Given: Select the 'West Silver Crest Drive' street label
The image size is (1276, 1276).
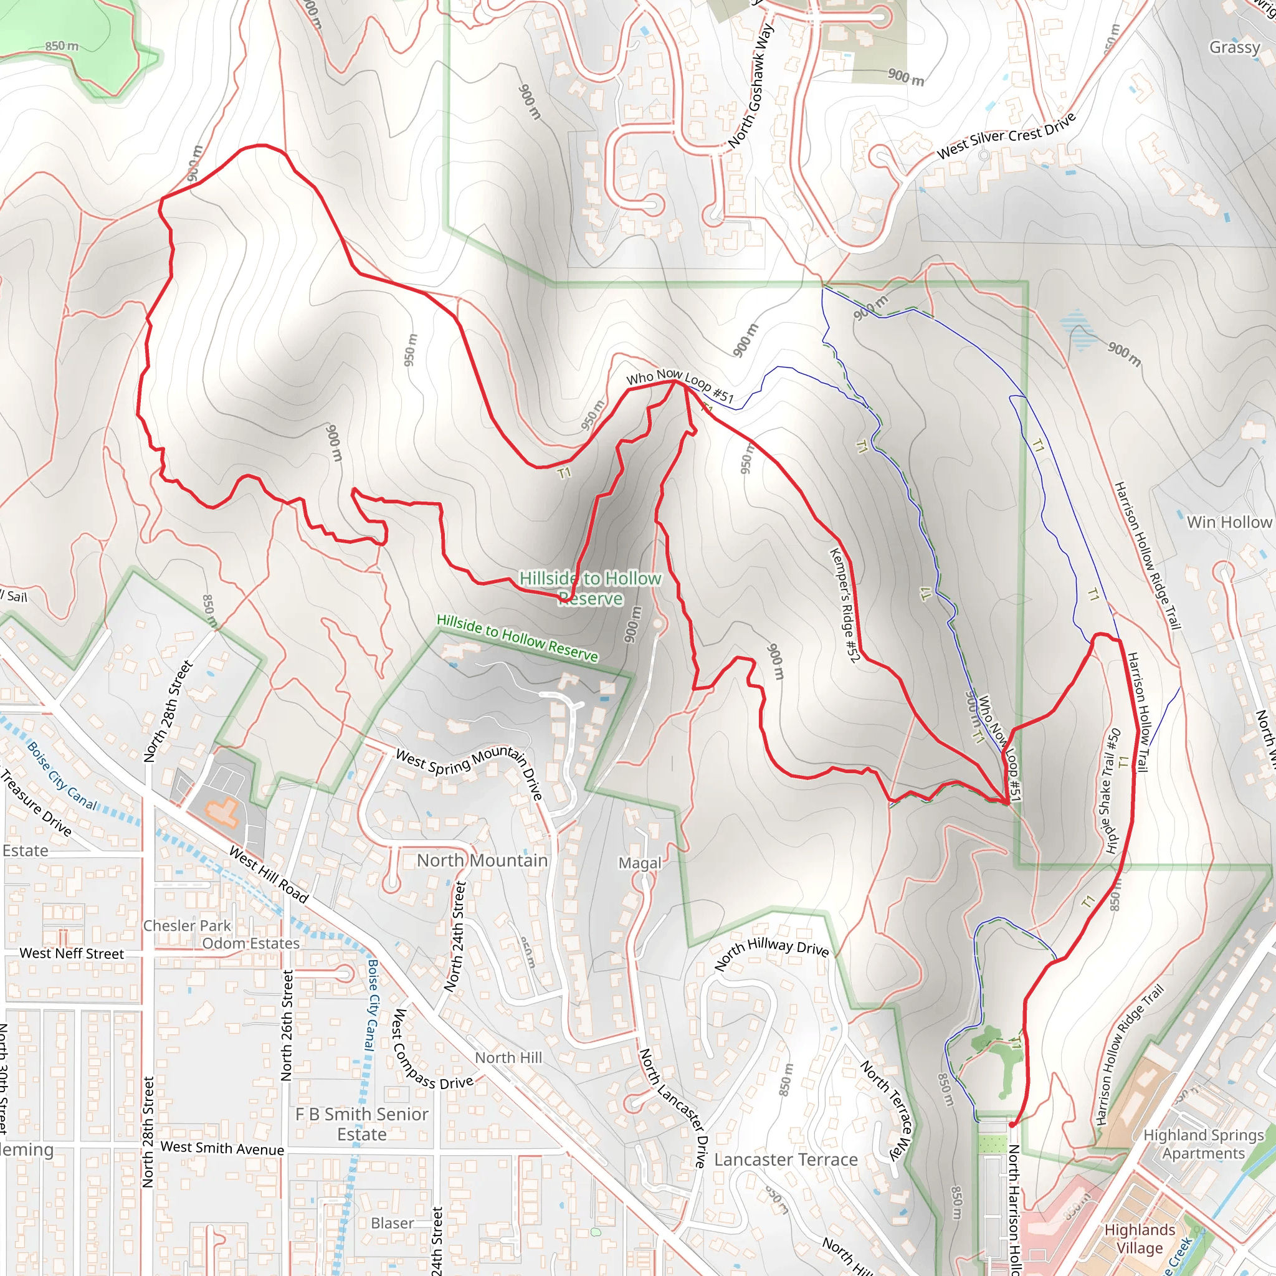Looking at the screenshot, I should point(1006,136).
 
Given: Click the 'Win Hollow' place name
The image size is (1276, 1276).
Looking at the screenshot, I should point(1229,522).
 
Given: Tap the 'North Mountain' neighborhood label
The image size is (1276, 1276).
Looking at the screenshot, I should point(482,860).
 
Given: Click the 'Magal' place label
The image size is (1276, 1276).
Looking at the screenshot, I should point(639,863).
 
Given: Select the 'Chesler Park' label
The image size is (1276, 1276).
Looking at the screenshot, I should point(187,925).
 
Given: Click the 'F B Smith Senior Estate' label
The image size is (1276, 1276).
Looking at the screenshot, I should point(361,1123).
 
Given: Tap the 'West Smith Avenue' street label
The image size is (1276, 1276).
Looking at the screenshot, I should point(222,1148).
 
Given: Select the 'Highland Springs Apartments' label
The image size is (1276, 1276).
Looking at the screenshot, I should point(1203,1144).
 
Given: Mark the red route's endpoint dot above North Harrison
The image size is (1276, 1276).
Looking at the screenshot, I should point(1011,1123).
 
